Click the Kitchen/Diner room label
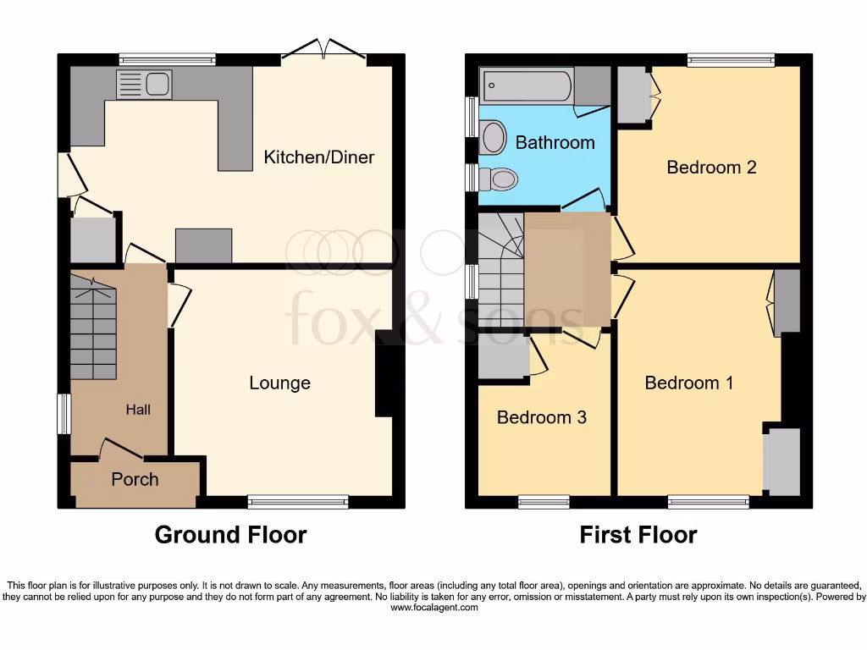coord(318,157)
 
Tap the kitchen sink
coord(145,85)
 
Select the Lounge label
coord(279,383)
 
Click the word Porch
coord(135,480)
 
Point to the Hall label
coord(138,410)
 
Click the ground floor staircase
coord(92,330)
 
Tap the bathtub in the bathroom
coord(527,86)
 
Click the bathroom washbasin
coord(492,138)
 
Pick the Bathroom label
coord(555,142)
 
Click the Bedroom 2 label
coord(711,168)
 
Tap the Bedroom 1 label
coord(689,383)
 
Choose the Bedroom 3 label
coord(541,418)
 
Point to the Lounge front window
coord(298,503)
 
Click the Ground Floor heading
coord(230,535)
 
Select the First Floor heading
coord(638,535)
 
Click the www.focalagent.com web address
coord(433,608)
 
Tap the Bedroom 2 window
coord(731,60)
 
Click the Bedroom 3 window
coord(544,503)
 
